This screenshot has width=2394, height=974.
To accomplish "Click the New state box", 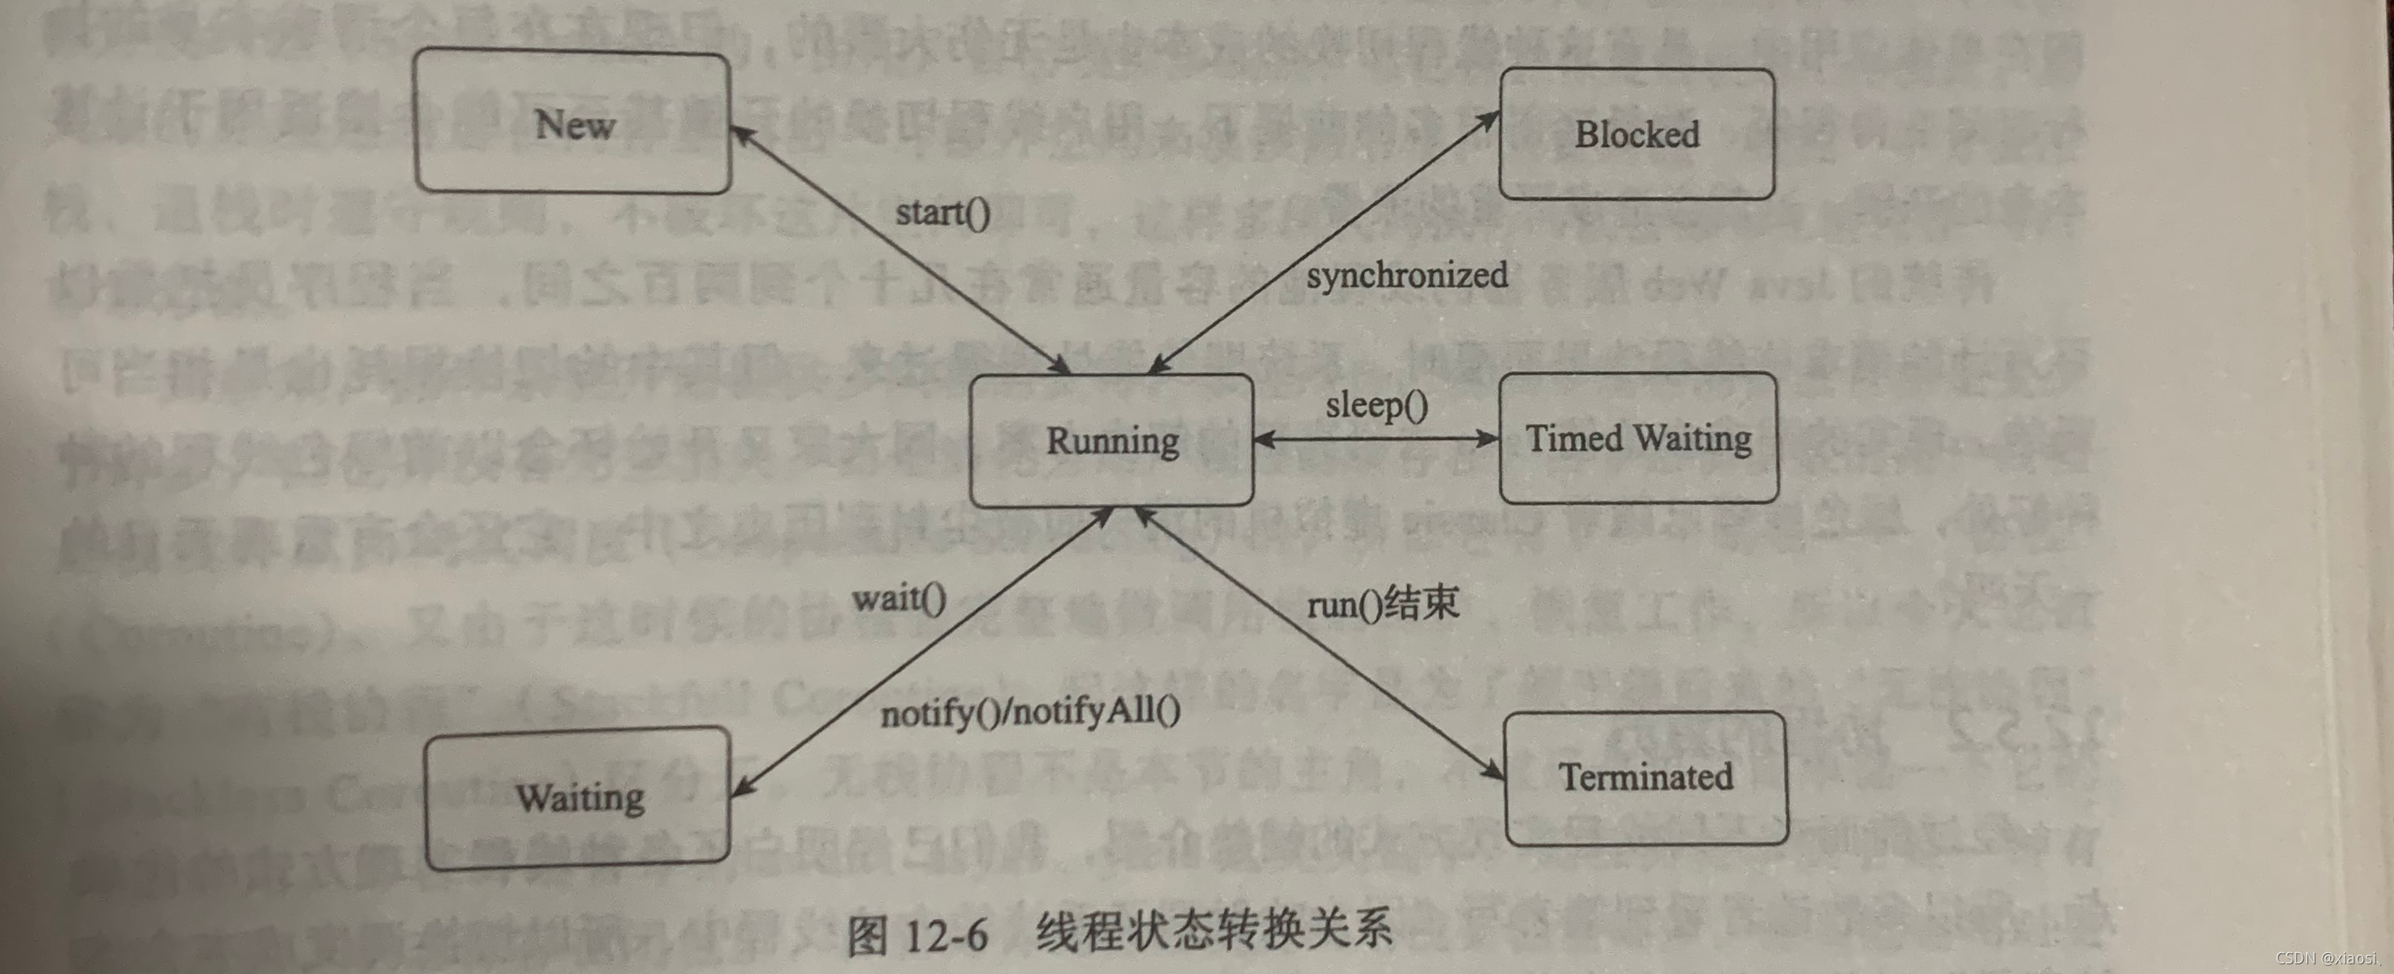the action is tap(573, 122).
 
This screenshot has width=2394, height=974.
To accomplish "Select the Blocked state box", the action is tap(1636, 134).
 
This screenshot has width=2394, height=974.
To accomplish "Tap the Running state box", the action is tap(1112, 441).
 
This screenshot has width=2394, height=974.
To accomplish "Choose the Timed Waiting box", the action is tap(1639, 437).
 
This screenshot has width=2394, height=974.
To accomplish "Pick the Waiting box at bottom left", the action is tap(578, 797).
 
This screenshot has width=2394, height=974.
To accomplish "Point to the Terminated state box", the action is tap(1645, 777).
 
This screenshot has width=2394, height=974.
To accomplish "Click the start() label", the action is tap(942, 213).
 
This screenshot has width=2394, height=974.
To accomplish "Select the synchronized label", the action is tap(1407, 275).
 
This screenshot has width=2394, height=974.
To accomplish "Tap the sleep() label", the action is tap(1377, 405).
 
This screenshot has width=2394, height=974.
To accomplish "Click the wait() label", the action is tap(899, 598).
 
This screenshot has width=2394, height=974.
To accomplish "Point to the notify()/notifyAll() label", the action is tap(1030, 713).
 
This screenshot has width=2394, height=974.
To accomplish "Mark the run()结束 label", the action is tap(1383, 604).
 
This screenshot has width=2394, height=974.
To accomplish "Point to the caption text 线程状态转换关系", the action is tap(1214, 930).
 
